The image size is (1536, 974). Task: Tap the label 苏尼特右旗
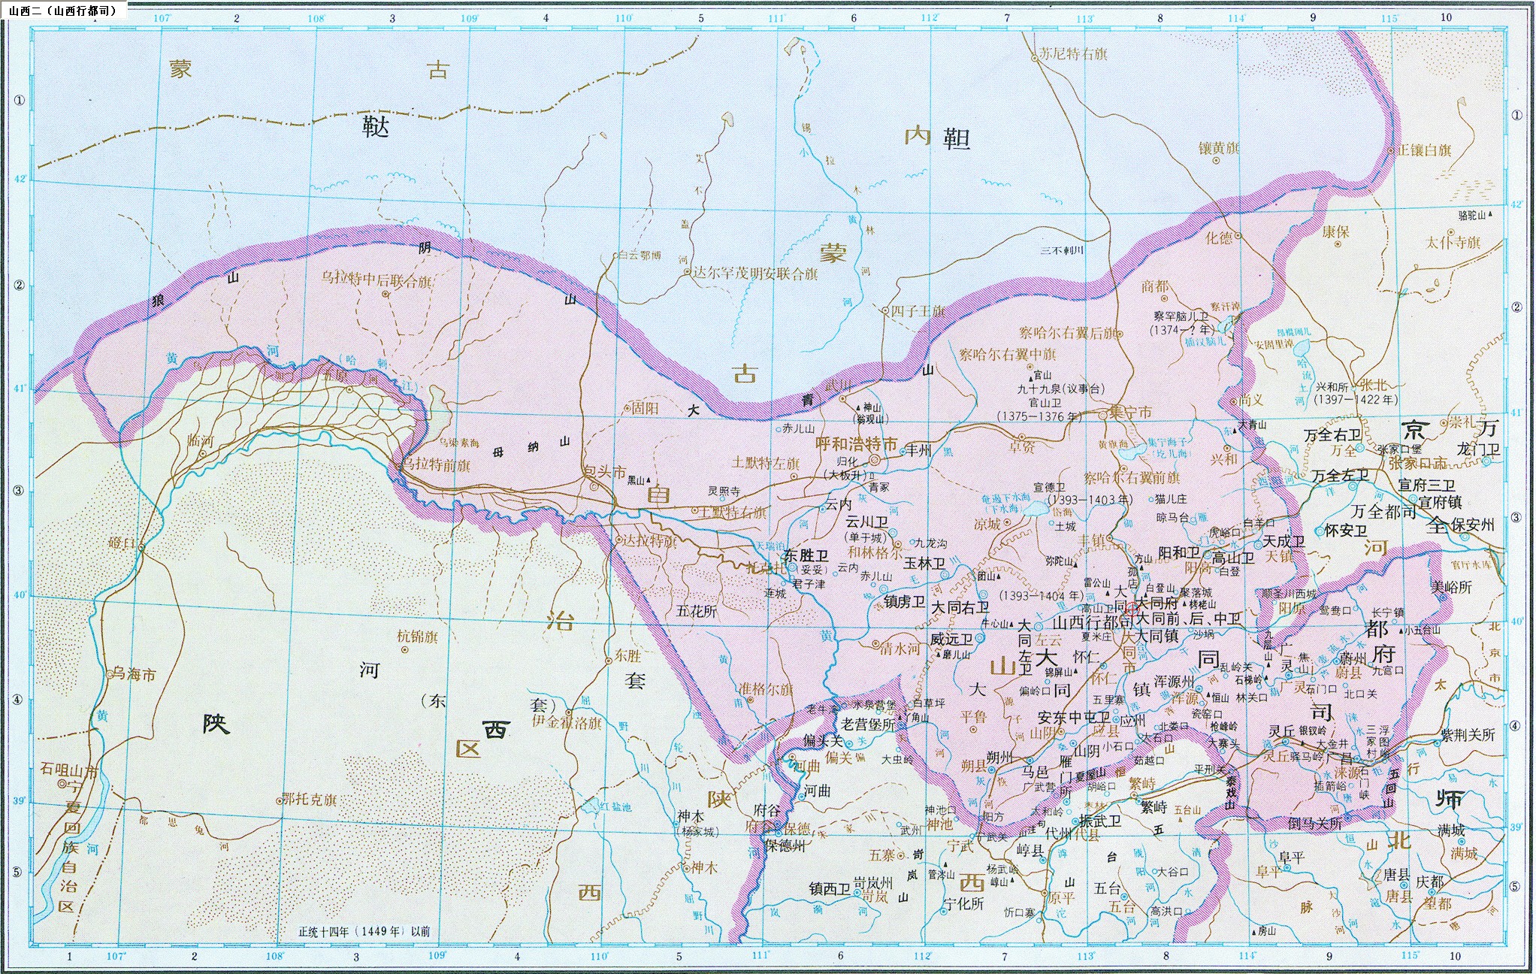tap(1072, 54)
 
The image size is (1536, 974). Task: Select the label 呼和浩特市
tap(856, 444)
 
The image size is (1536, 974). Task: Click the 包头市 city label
tap(605, 473)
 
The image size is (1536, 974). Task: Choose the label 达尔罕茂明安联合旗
tap(754, 274)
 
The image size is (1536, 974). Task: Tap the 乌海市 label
tap(134, 674)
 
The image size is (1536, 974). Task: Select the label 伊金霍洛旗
tap(567, 722)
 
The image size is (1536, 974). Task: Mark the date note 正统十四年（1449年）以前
tap(364, 931)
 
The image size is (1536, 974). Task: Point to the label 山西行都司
tap(1092, 623)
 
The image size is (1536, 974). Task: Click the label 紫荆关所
tap(1467, 734)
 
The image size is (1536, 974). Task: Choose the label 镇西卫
tap(829, 888)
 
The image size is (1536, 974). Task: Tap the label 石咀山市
tap(69, 770)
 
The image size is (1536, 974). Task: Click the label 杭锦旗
tap(417, 637)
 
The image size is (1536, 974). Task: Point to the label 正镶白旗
tap(1423, 150)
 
